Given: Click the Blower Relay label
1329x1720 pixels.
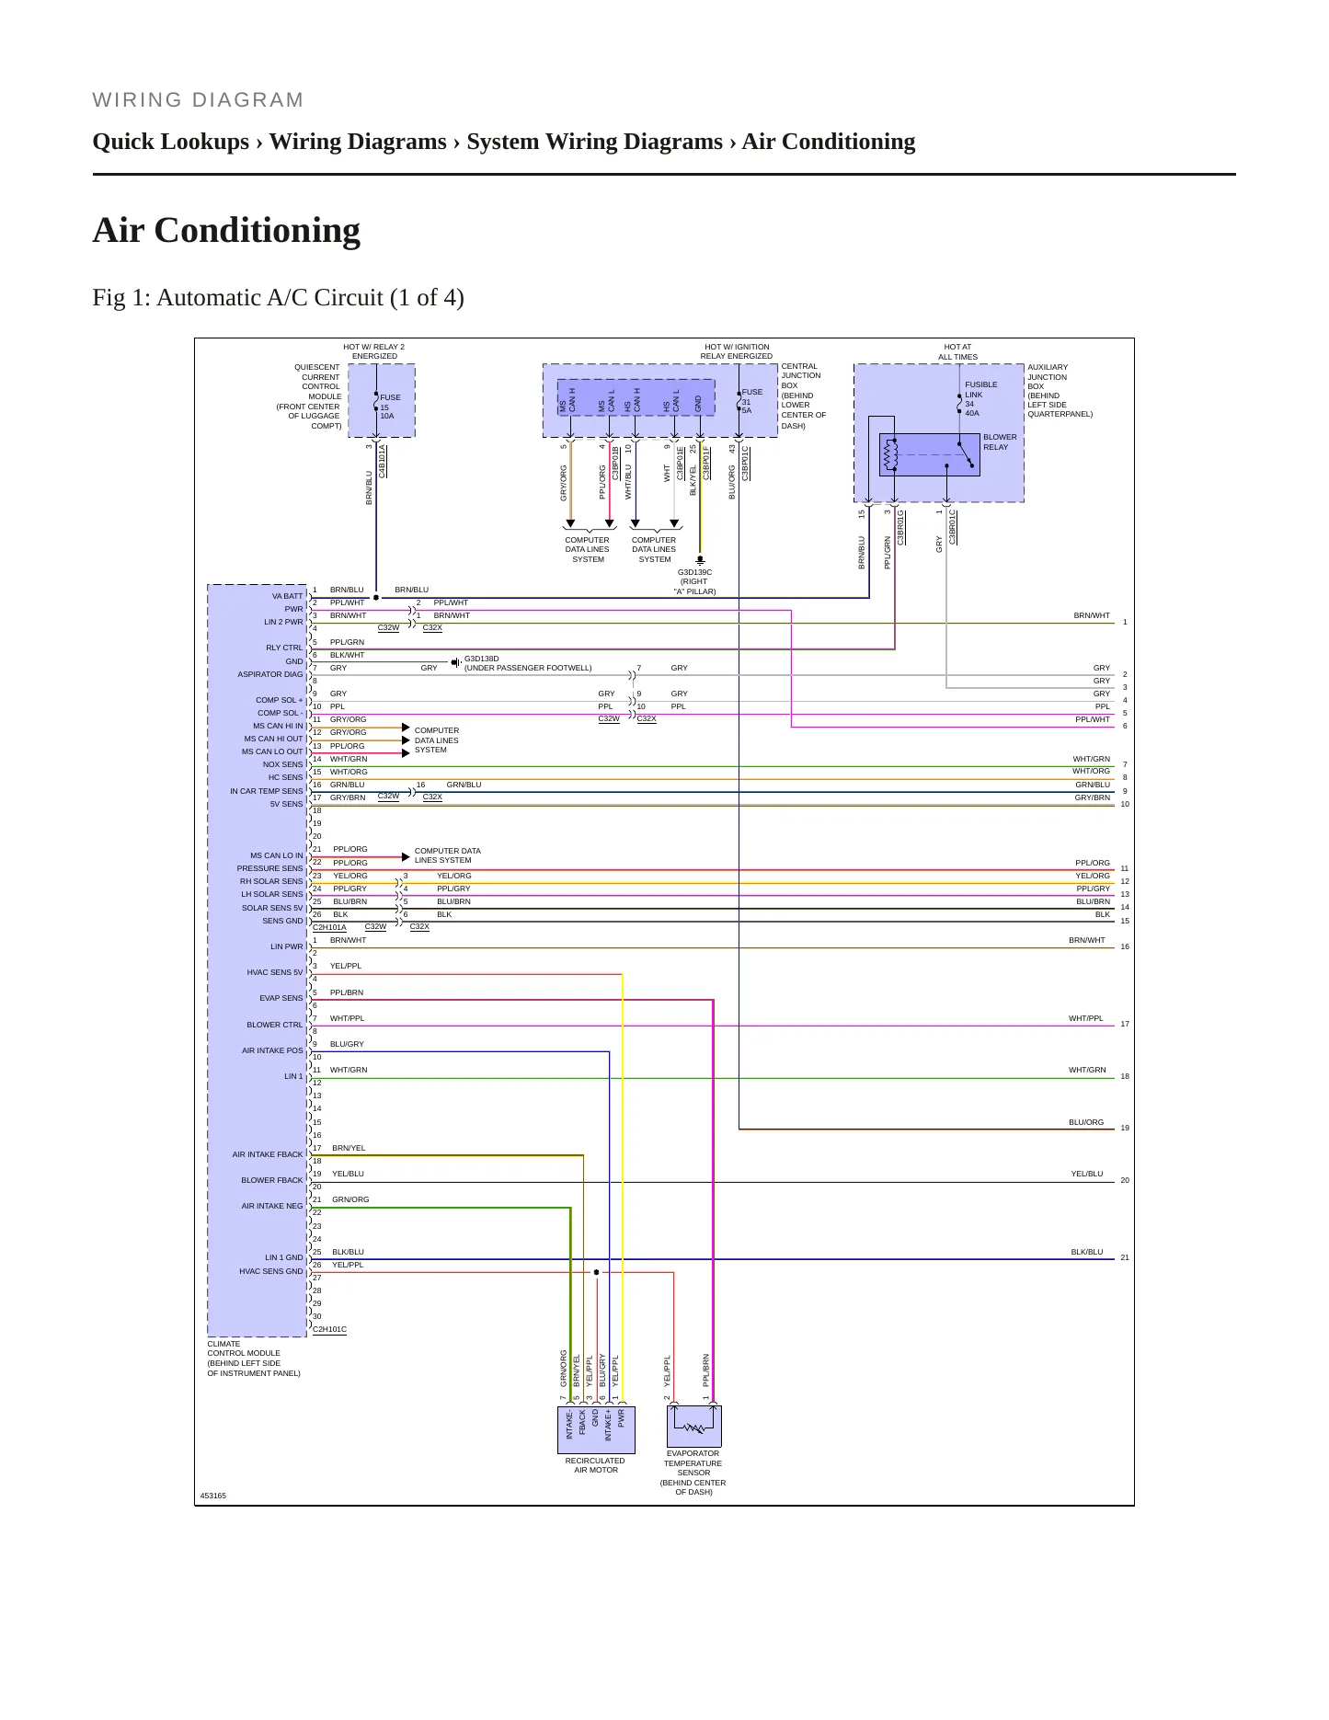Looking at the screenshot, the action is pos(1000,442).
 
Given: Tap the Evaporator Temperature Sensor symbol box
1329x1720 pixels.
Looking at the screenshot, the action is pos(694,1427).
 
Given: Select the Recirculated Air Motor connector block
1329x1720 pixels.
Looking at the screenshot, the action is pos(596,1427).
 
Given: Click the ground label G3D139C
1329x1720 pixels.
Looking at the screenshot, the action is pos(694,572).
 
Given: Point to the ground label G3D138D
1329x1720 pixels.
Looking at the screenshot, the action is pos(481,659).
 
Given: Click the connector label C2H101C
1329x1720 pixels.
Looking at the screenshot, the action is pos(329,1329).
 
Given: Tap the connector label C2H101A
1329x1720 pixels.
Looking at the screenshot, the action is pos(329,927).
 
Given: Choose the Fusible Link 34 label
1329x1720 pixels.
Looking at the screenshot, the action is pos(981,399).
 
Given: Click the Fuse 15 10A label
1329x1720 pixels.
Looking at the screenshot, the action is pos(390,407).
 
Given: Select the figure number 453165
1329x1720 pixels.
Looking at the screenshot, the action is pos(212,1496).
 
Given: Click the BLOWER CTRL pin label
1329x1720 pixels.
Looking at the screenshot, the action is pos(274,1025).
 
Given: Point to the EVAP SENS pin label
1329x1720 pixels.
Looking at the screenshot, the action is pos(281,998).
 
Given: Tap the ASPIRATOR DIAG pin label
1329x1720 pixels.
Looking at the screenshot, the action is pos(270,674).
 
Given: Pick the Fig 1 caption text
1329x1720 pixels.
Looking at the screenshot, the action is pos(278,298).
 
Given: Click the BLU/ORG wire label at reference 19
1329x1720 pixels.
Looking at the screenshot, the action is pos(1086,1122).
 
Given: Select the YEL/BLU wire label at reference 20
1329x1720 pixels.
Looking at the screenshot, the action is pos(1087,1174).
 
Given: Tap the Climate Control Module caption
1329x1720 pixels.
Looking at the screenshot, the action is pos(254,1359).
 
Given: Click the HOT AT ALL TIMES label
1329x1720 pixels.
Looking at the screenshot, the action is pos(958,352).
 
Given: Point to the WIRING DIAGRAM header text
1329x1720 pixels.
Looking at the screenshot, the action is pos(198,100).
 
